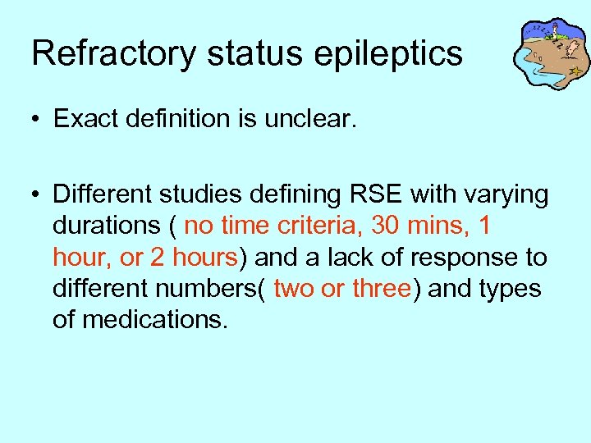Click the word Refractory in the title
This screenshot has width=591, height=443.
tap(112, 54)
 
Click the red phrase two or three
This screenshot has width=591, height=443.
tap(341, 289)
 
